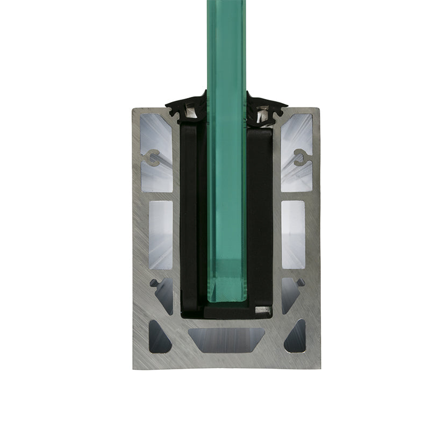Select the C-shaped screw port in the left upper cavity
tap(153, 157)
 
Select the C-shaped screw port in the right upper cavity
tap(300, 157)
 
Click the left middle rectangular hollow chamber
tap(160, 234)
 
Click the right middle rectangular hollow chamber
tap(293, 234)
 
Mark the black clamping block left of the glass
tap(191, 215)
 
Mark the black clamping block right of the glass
tap(260, 215)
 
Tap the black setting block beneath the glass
tap(226, 310)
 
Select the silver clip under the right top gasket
tap(263, 113)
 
